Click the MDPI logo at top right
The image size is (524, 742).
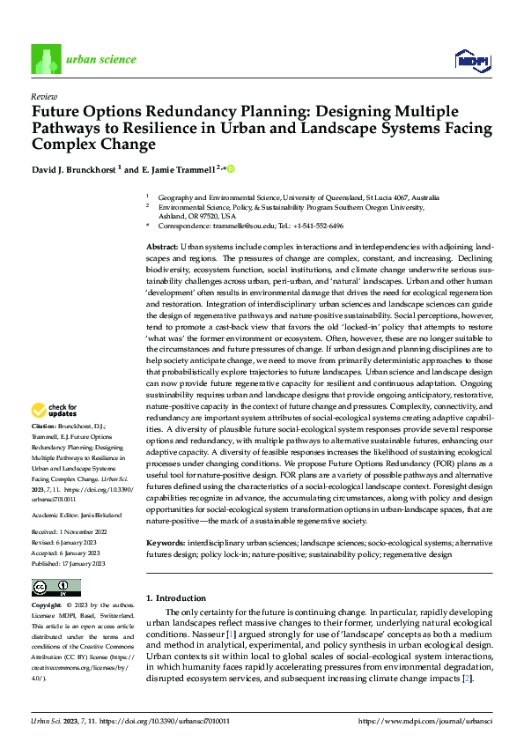pyautogui.click(x=472, y=60)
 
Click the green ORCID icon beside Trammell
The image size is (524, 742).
pyautogui.click(x=232, y=167)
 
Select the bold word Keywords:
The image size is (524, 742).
pyautogui.click(x=165, y=543)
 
